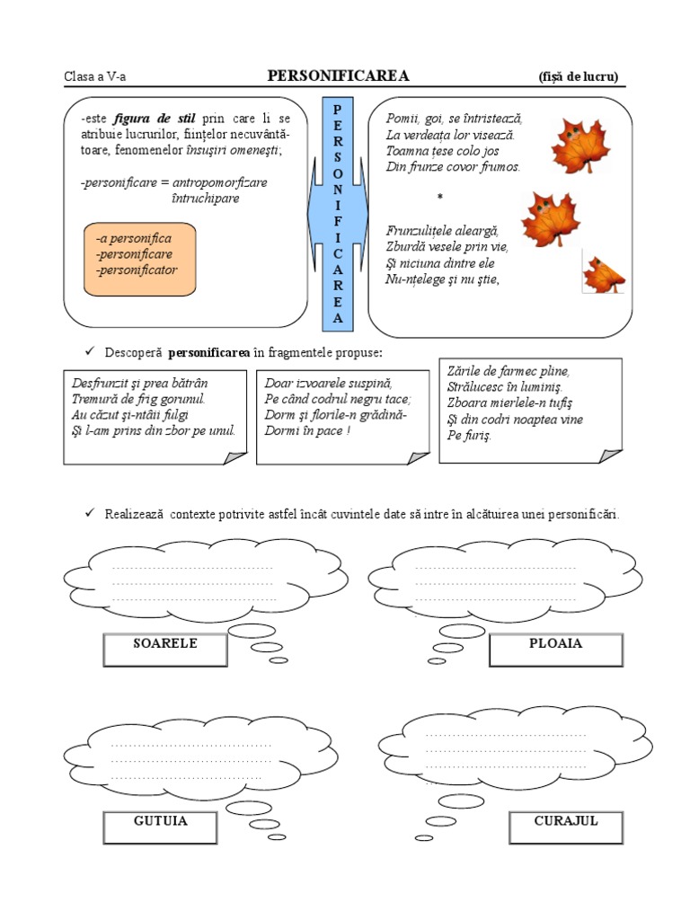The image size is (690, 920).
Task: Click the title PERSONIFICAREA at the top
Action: point(339,76)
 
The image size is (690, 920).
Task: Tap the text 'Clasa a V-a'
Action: point(94,77)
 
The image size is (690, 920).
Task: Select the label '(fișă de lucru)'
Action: point(579,77)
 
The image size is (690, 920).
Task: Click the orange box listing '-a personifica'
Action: point(139,259)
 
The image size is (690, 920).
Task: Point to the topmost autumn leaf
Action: point(579,146)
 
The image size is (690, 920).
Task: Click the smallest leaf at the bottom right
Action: point(604,273)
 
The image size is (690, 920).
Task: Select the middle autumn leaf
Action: point(549,218)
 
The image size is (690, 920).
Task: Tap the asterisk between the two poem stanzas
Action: point(440,197)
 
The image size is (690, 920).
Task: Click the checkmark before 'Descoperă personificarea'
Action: point(89,350)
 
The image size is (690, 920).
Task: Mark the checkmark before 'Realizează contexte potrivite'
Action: point(89,513)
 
